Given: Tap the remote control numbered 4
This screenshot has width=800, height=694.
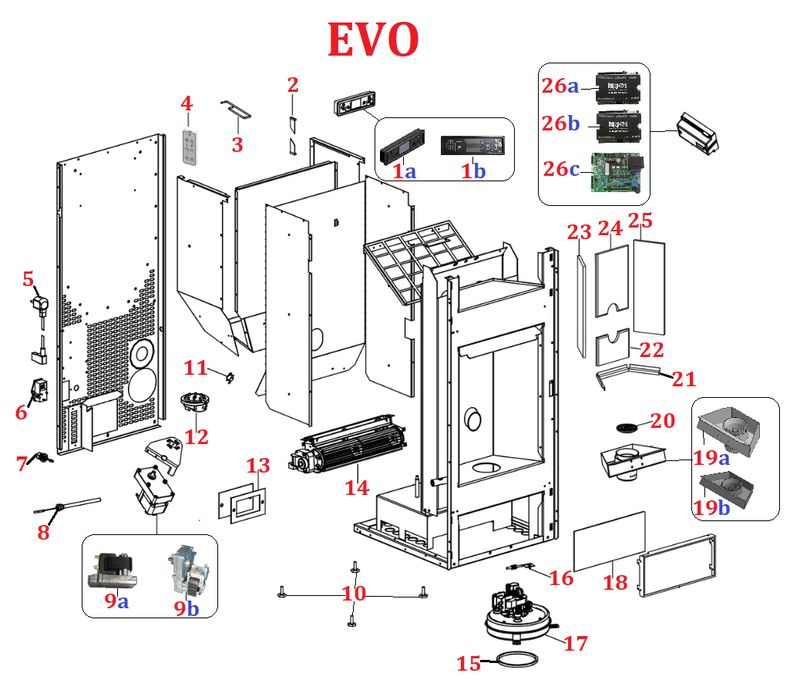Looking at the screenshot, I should (x=191, y=146).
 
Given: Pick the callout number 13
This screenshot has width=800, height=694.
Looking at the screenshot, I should (x=258, y=466).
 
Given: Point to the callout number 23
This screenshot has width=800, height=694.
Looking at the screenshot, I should (x=580, y=233).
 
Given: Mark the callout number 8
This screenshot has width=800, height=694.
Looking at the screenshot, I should (x=42, y=532).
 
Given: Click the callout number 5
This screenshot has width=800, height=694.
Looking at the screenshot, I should (x=28, y=280).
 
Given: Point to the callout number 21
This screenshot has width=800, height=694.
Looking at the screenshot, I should (x=683, y=379).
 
